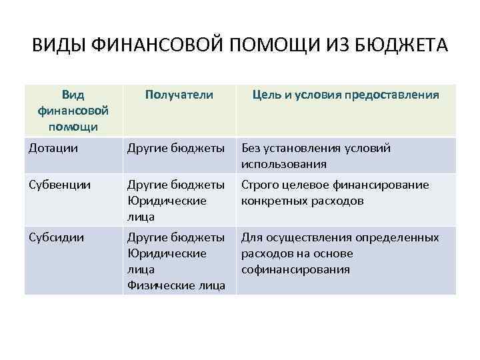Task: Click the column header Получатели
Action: (x=179, y=95)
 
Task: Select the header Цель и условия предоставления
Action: (x=345, y=95)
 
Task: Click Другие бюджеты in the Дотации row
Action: (x=176, y=148)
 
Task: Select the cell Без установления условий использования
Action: (x=317, y=156)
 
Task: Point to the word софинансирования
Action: (x=296, y=269)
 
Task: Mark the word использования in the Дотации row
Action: (x=284, y=164)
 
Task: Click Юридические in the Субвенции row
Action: (x=166, y=201)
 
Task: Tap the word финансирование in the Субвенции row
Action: (x=387, y=185)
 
